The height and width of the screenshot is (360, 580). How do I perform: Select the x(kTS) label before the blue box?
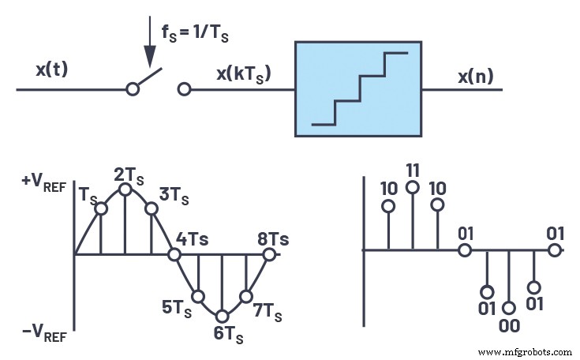pos(243,75)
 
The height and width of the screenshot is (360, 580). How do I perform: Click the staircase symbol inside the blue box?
pos(360,88)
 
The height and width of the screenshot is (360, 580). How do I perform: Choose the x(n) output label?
pos(477,77)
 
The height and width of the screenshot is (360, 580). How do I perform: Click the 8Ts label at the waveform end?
pos(272,238)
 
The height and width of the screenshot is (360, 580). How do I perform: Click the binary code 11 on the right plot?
pos(412,170)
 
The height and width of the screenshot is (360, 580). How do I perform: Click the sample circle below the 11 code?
pos(412,187)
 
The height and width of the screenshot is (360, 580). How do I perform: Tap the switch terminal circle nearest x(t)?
pos(133,89)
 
